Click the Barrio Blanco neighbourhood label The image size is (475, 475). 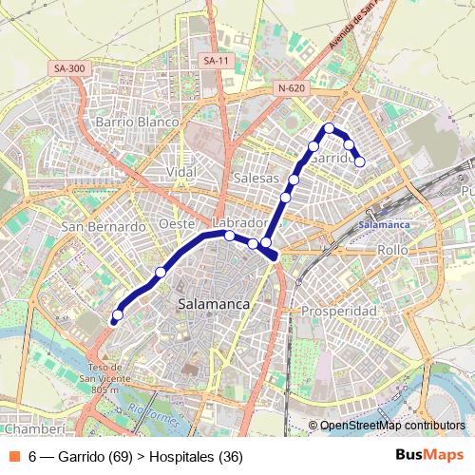point(138,123)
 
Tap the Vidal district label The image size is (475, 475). point(180,172)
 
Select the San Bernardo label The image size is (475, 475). point(104,227)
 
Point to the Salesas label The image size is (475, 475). point(256,178)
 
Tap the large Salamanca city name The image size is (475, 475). point(214,304)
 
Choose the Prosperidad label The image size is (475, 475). point(339,312)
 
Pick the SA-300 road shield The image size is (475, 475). point(69,68)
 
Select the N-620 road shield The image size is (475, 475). point(292,88)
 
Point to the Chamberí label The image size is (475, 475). point(33,430)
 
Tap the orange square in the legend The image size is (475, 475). point(13,456)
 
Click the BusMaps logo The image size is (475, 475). point(429,455)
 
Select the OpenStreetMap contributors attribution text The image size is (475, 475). point(392,426)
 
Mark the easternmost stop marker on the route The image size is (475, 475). point(360,161)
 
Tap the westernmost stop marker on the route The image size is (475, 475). point(118,315)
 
